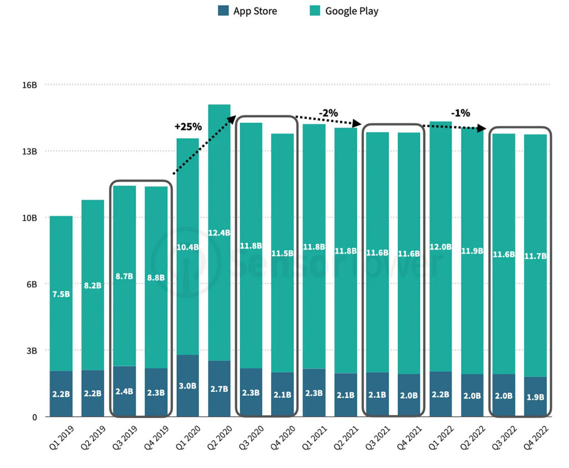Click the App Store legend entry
247,11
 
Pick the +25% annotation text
188,126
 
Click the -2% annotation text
328,113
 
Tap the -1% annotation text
460,113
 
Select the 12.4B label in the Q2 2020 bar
219,232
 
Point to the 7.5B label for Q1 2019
61,294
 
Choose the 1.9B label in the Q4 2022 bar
536,397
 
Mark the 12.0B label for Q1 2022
441,246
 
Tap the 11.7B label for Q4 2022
536,256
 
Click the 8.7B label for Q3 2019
124,276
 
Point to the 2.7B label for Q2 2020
219,389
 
